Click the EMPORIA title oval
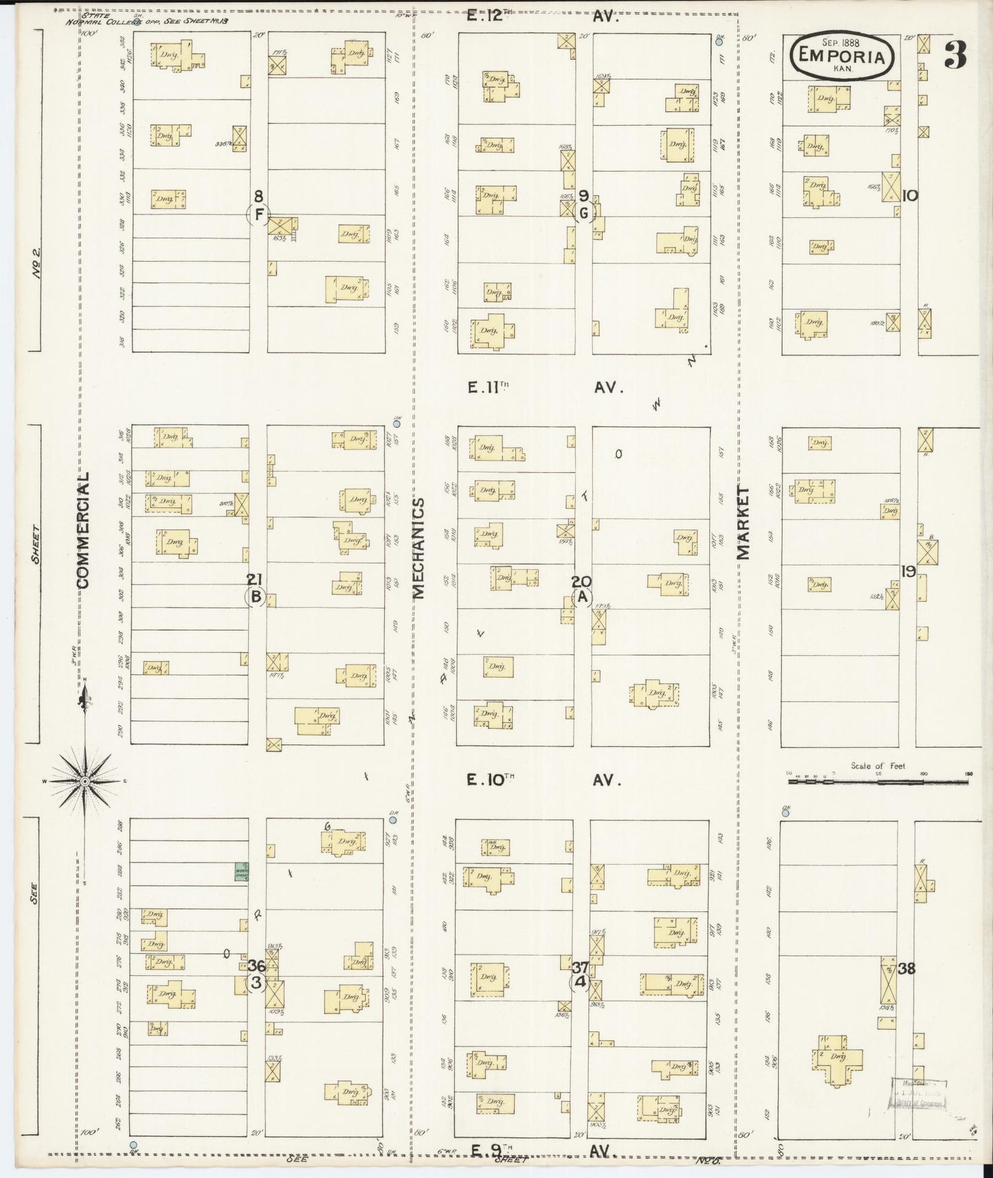pos(843,57)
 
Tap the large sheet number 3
pos(955,55)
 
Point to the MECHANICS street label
pos(418,548)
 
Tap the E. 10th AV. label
pos(543,780)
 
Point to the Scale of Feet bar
pos(878,781)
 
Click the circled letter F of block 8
pos(258,214)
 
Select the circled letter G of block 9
pos(583,214)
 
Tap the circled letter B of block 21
pos(256,597)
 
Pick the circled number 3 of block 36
pos(256,982)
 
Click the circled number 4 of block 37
pos(580,982)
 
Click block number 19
pos(908,571)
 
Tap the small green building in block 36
pos(241,871)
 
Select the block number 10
pos(909,196)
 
